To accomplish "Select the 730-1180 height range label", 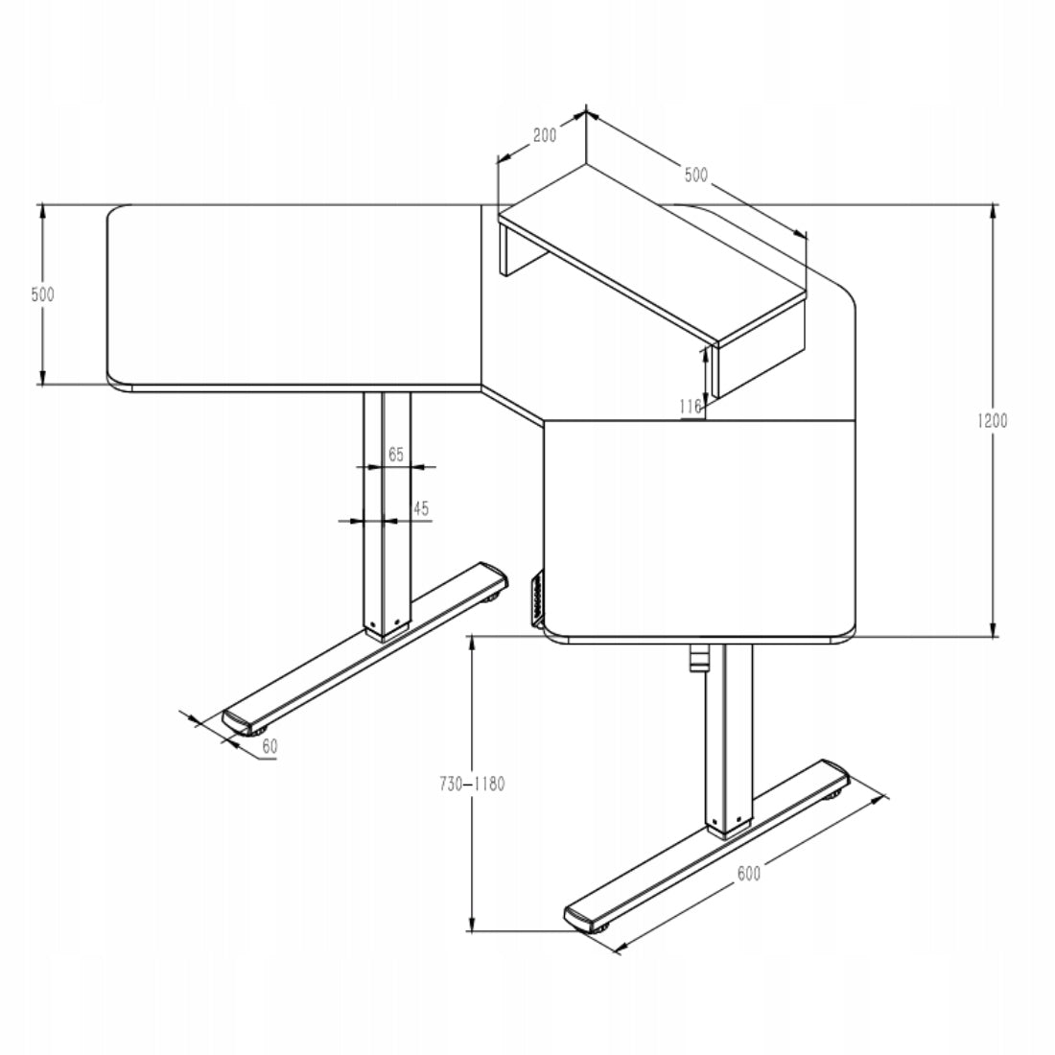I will [472, 784].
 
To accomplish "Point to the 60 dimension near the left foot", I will [270, 745].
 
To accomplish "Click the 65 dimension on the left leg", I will [395, 454].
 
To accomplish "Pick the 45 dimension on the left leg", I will [420, 508].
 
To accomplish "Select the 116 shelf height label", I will [690, 407].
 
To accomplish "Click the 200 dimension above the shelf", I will [544, 135].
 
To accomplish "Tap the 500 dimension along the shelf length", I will [695, 175].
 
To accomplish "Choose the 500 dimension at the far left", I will [42, 294].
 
